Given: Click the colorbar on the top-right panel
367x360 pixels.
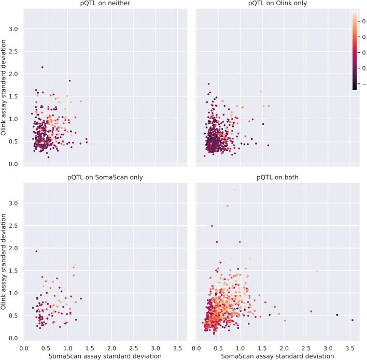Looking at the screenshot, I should tap(355, 50).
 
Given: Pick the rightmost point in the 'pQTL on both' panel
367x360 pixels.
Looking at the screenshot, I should tap(352, 320).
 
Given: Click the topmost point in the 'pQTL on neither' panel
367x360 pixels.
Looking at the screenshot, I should tap(42, 67).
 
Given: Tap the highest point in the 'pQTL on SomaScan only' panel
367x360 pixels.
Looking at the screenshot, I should tap(36, 251).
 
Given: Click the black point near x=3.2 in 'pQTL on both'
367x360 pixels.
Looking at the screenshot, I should tap(337, 315).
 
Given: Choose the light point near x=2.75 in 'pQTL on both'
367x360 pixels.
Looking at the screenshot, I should tap(316, 270).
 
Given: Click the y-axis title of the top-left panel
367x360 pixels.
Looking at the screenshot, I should tap(4, 88).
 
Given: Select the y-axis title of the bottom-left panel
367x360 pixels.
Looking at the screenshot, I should tap(4, 261).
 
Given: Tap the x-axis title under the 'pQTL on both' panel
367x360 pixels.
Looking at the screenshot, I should tap(278, 356).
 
